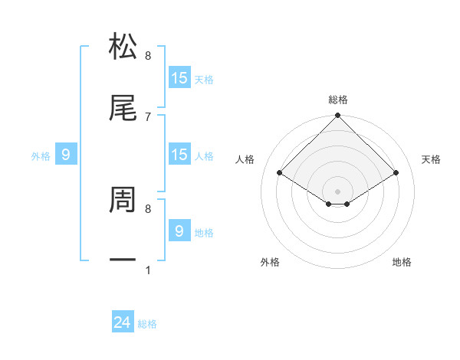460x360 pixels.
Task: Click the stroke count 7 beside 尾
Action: pyautogui.click(x=148, y=116)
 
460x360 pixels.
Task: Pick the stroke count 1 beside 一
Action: pyautogui.click(x=148, y=270)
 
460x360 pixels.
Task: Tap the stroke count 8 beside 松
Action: pyautogui.click(x=148, y=56)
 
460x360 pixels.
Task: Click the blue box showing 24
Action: pyautogui.click(x=123, y=323)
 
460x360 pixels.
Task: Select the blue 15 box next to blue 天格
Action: pyautogui.click(x=179, y=78)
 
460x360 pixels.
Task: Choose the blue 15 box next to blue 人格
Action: pyautogui.click(x=179, y=155)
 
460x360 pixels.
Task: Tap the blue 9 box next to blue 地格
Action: pyautogui.click(x=179, y=231)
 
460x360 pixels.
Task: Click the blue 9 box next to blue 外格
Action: pyautogui.click(x=66, y=155)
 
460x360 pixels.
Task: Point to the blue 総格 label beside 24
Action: pyautogui.click(x=147, y=324)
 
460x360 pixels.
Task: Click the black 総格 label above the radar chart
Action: pyautogui.click(x=337, y=100)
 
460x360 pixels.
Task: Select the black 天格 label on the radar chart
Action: pyautogui.click(x=432, y=159)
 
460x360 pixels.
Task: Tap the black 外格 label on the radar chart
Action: pyautogui.click(x=270, y=262)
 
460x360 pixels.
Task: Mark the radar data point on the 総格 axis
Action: pyautogui.click(x=337, y=116)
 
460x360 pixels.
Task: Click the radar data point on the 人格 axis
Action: pyautogui.click(x=279, y=173)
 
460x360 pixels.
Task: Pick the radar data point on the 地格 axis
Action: pyautogui.click(x=347, y=204)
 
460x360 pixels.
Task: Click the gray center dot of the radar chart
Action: pyautogui.click(x=337, y=191)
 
